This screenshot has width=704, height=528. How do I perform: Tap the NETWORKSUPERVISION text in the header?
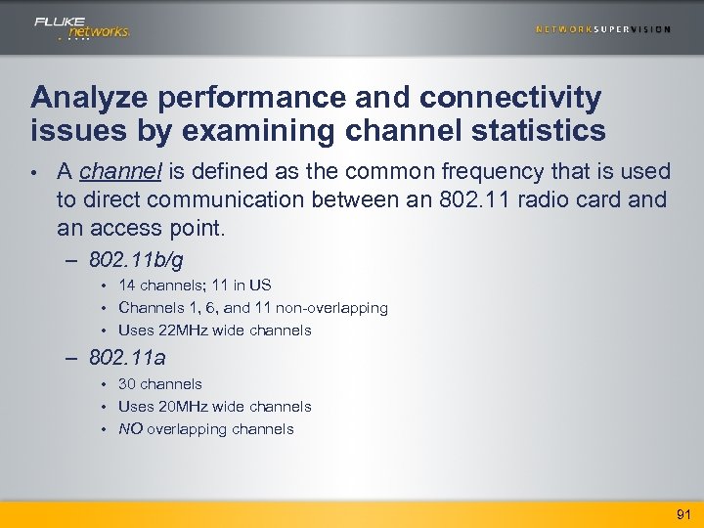tap(603, 29)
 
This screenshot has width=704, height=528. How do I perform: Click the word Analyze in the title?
tap(83, 98)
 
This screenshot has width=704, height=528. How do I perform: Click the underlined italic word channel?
tap(121, 172)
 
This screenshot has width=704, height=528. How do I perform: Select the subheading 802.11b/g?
tap(136, 261)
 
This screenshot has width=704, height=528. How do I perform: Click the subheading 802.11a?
tap(127, 359)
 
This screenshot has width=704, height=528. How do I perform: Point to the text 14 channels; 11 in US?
tap(195, 286)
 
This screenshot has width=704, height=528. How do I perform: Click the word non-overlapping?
tap(331, 308)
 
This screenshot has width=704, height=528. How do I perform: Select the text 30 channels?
tap(160, 384)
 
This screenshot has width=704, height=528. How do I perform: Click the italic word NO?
tap(130, 429)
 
